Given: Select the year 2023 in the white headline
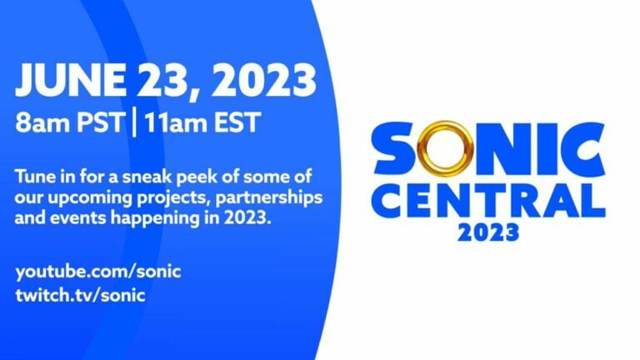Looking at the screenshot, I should pyautogui.click(x=265, y=82).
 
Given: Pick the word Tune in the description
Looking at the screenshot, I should pyautogui.click(x=36, y=177).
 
